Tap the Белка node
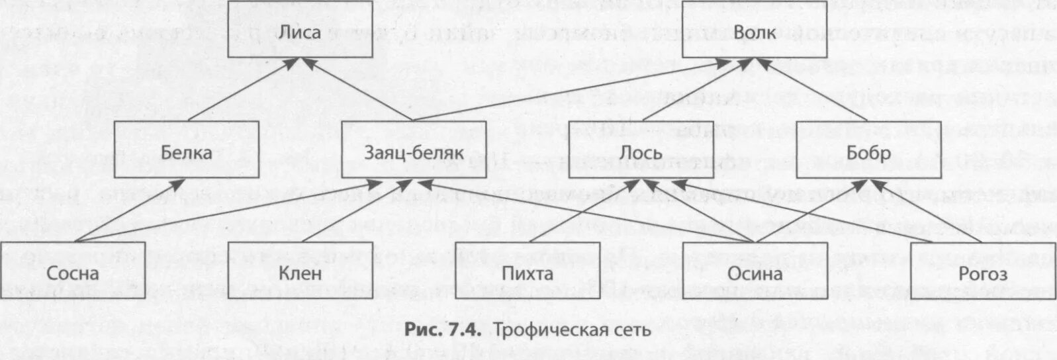click(x=187, y=152)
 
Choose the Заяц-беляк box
click(x=413, y=152)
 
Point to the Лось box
click(x=640, y=152)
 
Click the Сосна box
click(x=73, y=272)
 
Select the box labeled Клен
click(x=300, y=272)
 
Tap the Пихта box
click(x=528, y=272)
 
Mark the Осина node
click(x=755, y=272)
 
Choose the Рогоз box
click(x=983, y=272)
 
